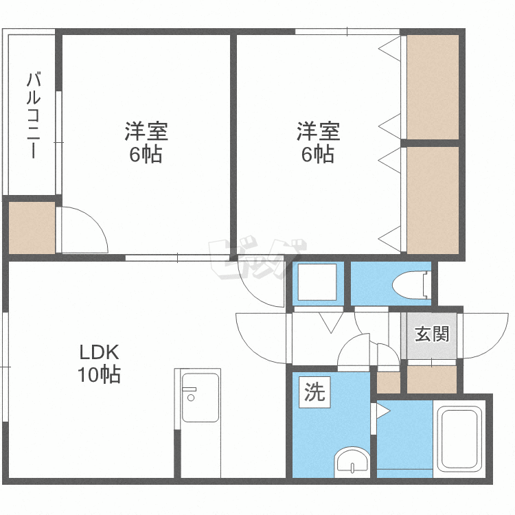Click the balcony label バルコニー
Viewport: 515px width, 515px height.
pos(33,115)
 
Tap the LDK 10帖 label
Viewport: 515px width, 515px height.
pos(99,363)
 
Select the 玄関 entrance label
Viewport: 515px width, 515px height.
pos(432,334)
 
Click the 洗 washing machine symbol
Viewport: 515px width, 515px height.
pos(314,392)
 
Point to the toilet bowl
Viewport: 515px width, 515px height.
pos(411,285)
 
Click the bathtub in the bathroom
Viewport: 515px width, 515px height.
pos(459,439)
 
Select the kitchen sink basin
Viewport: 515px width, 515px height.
pos(200,398)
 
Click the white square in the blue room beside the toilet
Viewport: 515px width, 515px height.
pos(317,282)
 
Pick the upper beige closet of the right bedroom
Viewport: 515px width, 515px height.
pos(433,87)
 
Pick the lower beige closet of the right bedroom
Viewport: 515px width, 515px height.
pos(433,201)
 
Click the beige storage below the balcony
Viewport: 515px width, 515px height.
pos(32,227)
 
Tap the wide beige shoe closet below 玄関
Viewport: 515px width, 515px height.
pos(432,379)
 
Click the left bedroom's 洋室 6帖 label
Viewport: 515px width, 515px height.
pos(146,142)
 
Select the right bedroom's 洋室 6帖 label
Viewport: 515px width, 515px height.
pos(318,142)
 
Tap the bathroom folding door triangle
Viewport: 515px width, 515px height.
pos(383,411)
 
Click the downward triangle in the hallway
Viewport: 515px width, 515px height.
pos(331,323)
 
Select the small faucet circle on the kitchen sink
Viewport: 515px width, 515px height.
pos(191,398)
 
